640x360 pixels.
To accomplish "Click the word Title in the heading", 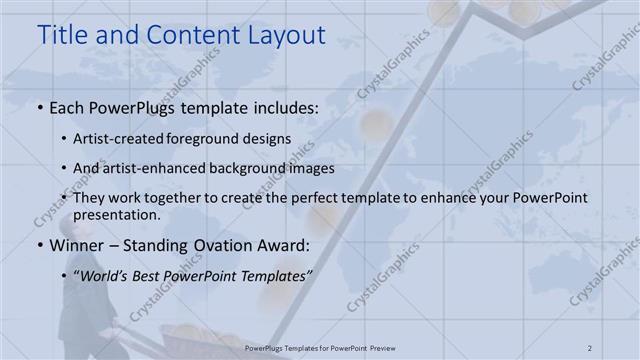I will pos(61,35).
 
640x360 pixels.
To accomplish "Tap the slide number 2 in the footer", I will pos(590,347).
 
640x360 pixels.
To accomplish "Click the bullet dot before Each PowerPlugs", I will pos(39,106).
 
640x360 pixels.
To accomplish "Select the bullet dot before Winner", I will pos(39,245).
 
